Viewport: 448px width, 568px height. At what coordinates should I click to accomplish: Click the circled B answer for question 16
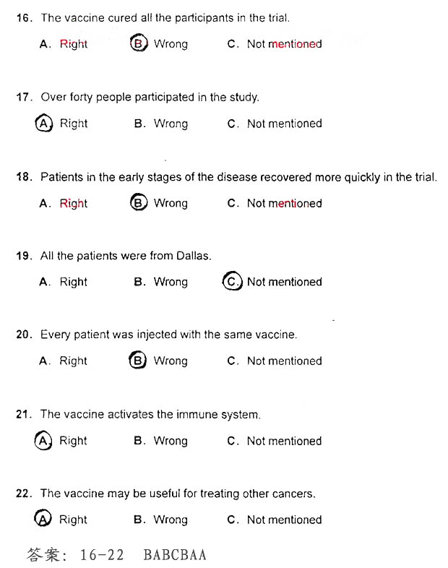tap(138, 43)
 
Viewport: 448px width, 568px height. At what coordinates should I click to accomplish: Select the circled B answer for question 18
tap(138, 203)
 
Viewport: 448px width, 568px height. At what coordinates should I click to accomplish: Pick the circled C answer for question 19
tap(231, 282)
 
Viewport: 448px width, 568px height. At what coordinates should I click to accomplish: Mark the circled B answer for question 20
tap(138, 361)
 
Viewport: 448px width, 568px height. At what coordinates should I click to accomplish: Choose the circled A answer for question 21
tap(44, 440)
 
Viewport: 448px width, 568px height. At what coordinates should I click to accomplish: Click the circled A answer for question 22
tap(44, 519)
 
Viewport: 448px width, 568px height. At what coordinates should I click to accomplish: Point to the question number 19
tap(23, 256)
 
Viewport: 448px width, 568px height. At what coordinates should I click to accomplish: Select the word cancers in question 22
tap(294, 494)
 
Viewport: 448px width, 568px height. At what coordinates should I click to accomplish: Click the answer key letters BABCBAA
tap(175, 554)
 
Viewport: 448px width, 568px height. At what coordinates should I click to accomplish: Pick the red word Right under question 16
tap(73, 44)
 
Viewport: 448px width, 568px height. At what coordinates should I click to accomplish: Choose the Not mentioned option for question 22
tap(284, 520)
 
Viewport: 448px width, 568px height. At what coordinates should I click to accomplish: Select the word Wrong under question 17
tap(171, 124)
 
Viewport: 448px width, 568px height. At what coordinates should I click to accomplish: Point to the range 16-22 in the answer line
tap(102, 554)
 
